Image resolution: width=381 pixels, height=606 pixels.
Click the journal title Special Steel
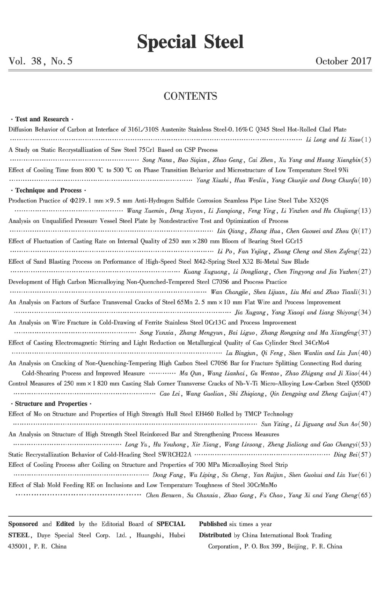coord(190,42)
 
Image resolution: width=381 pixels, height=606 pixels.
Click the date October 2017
coord(343,61)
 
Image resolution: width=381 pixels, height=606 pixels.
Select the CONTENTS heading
coord(190,96)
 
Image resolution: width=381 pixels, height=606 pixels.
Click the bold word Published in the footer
coord(213,524)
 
